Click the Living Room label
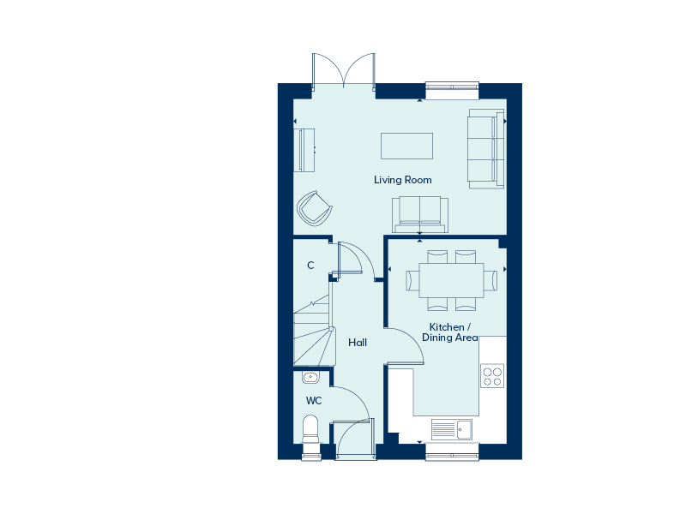click(x=402, y=180)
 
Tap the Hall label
click(x=358, y=343)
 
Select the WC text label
click(x=314, y=401)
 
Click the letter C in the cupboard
click(x=310, y=266)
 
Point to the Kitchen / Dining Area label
click(x=449, y=332)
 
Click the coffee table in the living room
click(x=406, y=146)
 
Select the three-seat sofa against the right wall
click(x=486, y=149)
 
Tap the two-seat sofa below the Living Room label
click(x=420, y=215)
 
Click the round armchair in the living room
click(x=314, y=208)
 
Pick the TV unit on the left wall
click(x=307, y=150)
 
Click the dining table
click(x=452, y=280)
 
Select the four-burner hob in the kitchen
click(x=492, y=376)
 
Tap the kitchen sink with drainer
click(x=452, y=429)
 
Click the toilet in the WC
click(x=310, y=430)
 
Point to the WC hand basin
click(x=310, y=377)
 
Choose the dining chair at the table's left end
click(x=412, y=280)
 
